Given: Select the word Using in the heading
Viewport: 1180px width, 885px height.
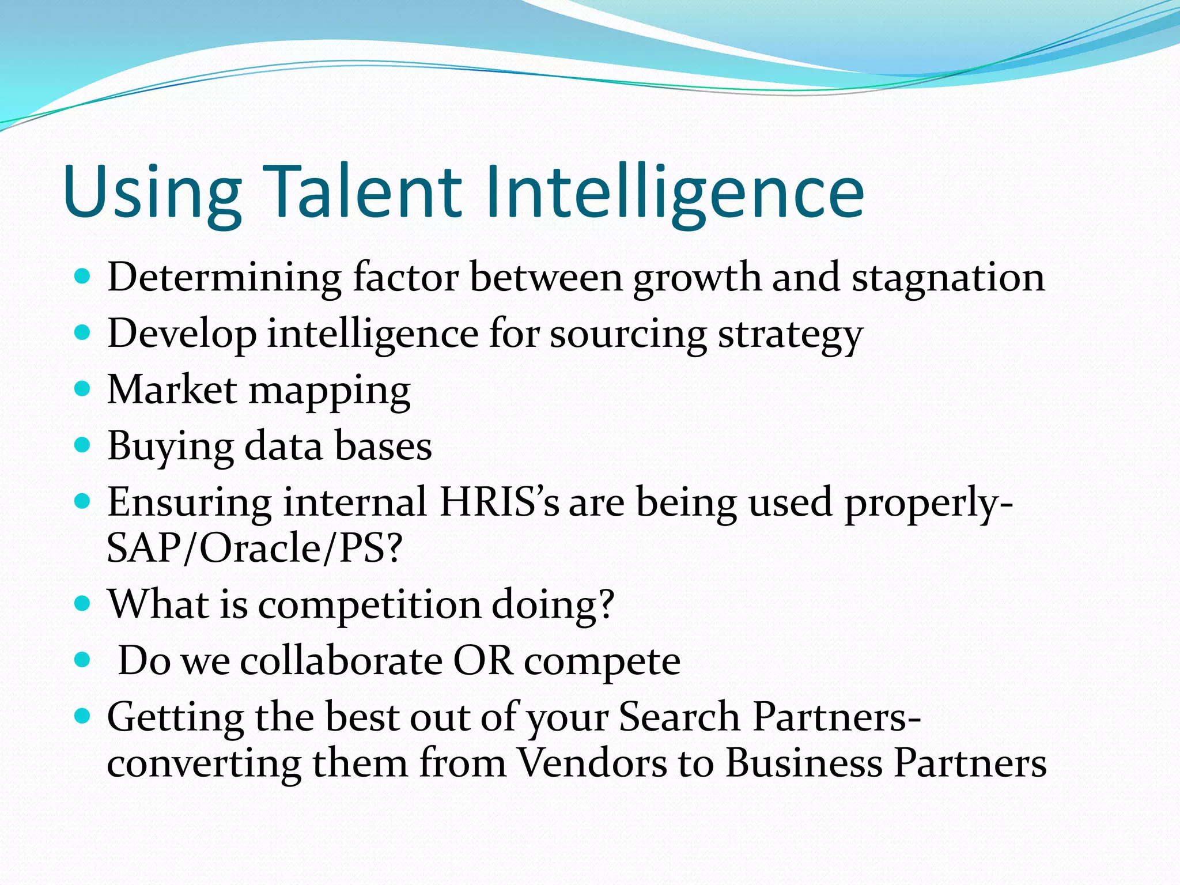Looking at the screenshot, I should coord(152,193).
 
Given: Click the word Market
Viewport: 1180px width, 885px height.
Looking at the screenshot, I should coord(172,389).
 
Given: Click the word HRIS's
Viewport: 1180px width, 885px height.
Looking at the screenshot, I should coord(499,502).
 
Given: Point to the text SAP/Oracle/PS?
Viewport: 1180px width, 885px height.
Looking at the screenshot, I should coord(254,548).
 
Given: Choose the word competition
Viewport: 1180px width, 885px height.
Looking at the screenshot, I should coord(369,605).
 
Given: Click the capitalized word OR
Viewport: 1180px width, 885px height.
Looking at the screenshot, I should coord(483,660).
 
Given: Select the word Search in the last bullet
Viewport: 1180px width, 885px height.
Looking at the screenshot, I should coord(679,717).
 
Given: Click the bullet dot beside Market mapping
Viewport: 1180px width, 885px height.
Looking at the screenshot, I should coord(83,388).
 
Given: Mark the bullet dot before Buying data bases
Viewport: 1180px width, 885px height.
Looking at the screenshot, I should coord(83,445).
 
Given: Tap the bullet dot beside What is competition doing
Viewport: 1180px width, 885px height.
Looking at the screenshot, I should coord(83,603).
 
